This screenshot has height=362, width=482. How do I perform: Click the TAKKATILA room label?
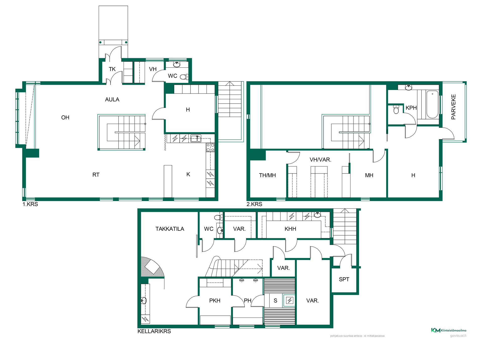(170, 229)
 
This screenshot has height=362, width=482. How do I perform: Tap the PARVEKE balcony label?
(453, 107)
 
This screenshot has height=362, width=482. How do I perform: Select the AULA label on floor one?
(112, 100)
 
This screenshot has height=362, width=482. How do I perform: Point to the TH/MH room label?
(267, 175)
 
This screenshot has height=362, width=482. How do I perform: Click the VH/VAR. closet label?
(320, 160)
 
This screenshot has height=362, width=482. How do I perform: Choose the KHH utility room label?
(290, 229)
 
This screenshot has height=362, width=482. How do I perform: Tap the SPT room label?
(344, 279)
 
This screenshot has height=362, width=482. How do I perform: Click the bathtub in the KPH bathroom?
(432, 104)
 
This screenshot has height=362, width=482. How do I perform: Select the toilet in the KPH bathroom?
(396, 109)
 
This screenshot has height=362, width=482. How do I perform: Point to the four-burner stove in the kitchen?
(210, 147)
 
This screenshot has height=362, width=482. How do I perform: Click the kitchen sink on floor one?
(196, 139)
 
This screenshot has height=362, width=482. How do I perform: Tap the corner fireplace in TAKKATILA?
(152, 267)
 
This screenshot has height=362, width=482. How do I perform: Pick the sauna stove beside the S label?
(290, 300)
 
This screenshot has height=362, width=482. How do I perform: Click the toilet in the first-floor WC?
(184, 77)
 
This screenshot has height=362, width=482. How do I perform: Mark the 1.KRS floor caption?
(30, 204)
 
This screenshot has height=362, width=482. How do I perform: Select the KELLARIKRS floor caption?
(154, 331)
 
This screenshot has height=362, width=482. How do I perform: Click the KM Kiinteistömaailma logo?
(449, 330)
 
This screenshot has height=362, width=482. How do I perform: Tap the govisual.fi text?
(458, 336)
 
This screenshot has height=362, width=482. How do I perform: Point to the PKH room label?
(215, 301)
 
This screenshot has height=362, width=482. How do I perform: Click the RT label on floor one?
(96, 175)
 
